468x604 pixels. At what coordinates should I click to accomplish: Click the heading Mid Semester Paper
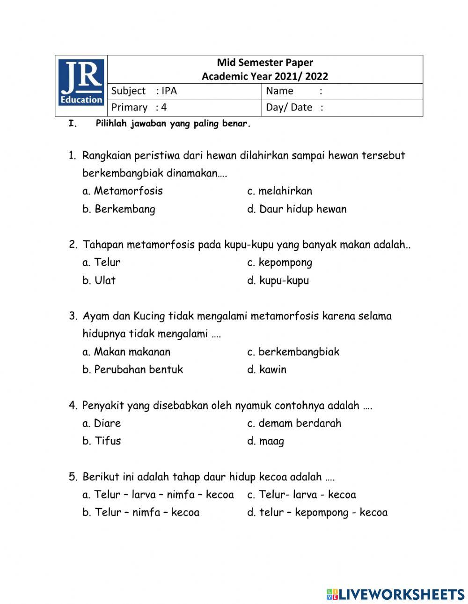(x=265, y=63)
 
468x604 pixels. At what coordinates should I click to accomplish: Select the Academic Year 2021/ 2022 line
(x=265, y=76)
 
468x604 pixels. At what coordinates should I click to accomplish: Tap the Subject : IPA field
(x=144, y=91)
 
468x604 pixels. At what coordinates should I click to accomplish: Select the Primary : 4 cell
(x=139, y=107)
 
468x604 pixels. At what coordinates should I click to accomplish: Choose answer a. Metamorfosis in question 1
(x=123, y=191)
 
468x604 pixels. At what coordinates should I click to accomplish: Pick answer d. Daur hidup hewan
(x=297, y=209)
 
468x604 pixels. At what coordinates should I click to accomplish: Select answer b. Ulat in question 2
(x=99, y=281)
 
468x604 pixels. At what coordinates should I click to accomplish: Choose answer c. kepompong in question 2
(x=279, y=262)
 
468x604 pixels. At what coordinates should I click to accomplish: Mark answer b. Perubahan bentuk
(x=133, y=370)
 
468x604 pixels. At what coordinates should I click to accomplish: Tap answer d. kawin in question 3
(x=267, y=370)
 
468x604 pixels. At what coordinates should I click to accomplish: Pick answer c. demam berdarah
(x=294, y=423)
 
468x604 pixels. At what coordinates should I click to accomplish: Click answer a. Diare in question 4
(x=102, y=423)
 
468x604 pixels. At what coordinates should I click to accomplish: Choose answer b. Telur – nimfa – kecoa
(x=141, y=513)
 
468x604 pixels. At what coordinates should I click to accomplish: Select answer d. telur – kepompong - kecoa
(x=317, y=513)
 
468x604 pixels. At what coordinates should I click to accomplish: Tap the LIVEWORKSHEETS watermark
(x=395, y=594)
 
